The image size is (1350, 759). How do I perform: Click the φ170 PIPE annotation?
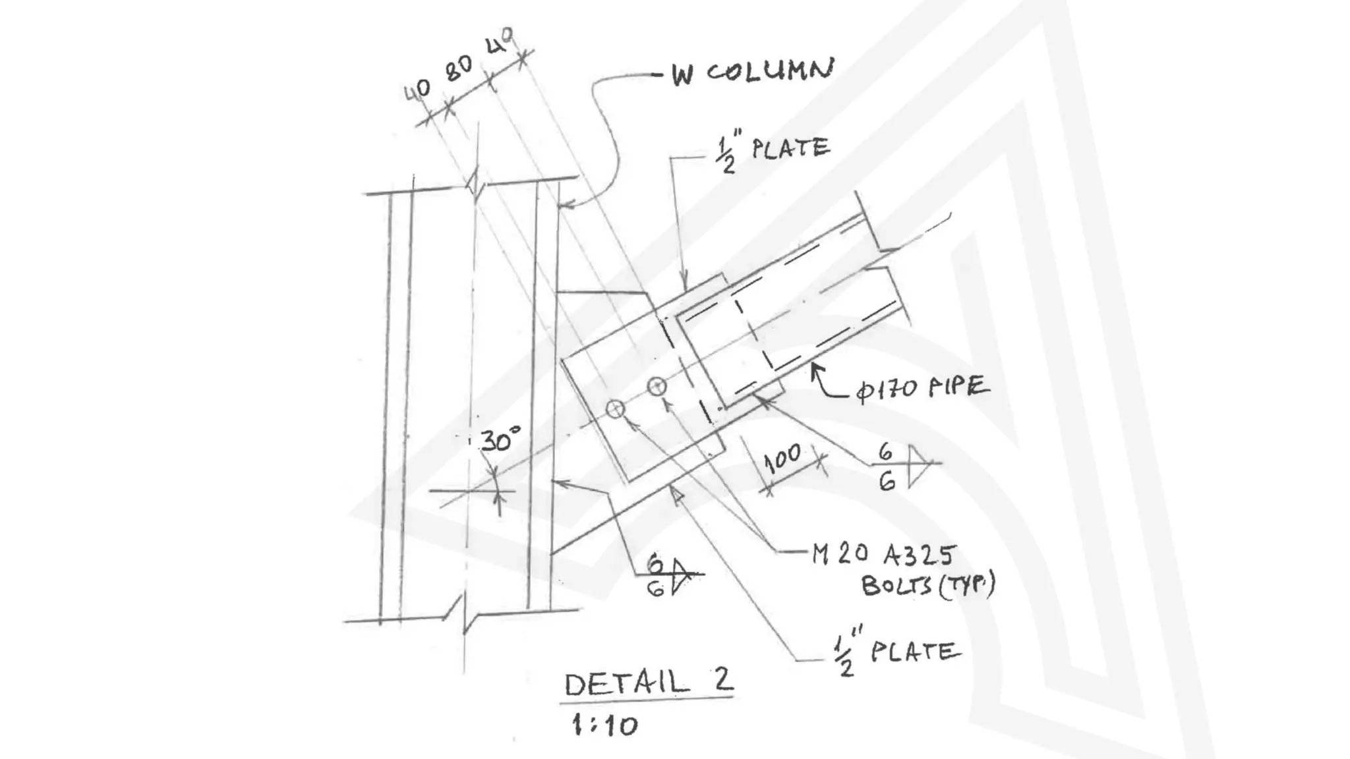[x=923, y=388]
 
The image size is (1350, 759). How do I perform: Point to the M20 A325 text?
[x=883, y=555]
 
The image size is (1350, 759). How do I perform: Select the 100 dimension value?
[x=782, y=458]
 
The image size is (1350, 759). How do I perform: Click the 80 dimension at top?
[x=459, y=69]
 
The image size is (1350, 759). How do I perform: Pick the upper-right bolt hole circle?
[x=657, y=386]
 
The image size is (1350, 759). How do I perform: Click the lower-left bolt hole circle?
[x=615, y=409]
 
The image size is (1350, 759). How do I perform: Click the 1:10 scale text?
[x=604, y=725]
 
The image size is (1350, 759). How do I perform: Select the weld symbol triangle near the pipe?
[x=918, y=466]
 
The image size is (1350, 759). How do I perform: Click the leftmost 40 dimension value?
[x=417, y=90]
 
